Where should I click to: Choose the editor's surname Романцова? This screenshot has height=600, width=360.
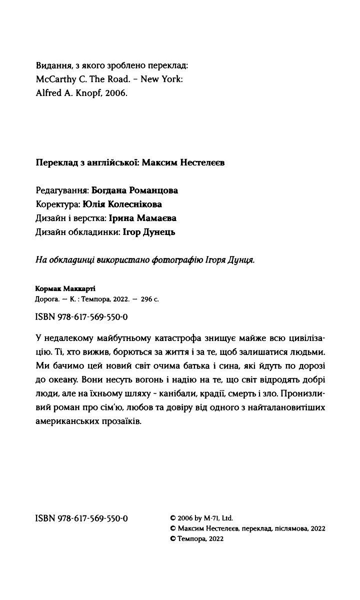[x=153, y=190]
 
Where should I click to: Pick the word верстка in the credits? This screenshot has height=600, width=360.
[x=90, y=218]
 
